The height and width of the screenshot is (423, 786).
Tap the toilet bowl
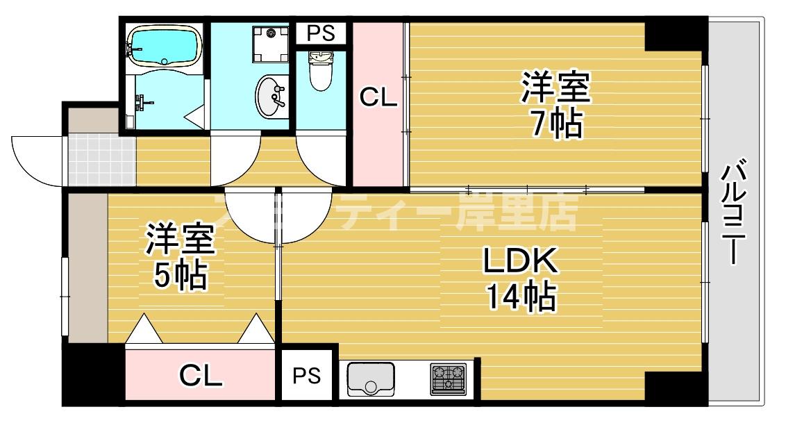320,74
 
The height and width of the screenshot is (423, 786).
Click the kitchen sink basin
369,379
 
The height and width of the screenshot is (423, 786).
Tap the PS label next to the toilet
320,33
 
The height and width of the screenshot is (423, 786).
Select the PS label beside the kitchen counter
306,376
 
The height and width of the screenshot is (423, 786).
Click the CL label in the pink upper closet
378,98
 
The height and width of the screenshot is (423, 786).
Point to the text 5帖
179,275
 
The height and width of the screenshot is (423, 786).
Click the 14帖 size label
520,297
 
